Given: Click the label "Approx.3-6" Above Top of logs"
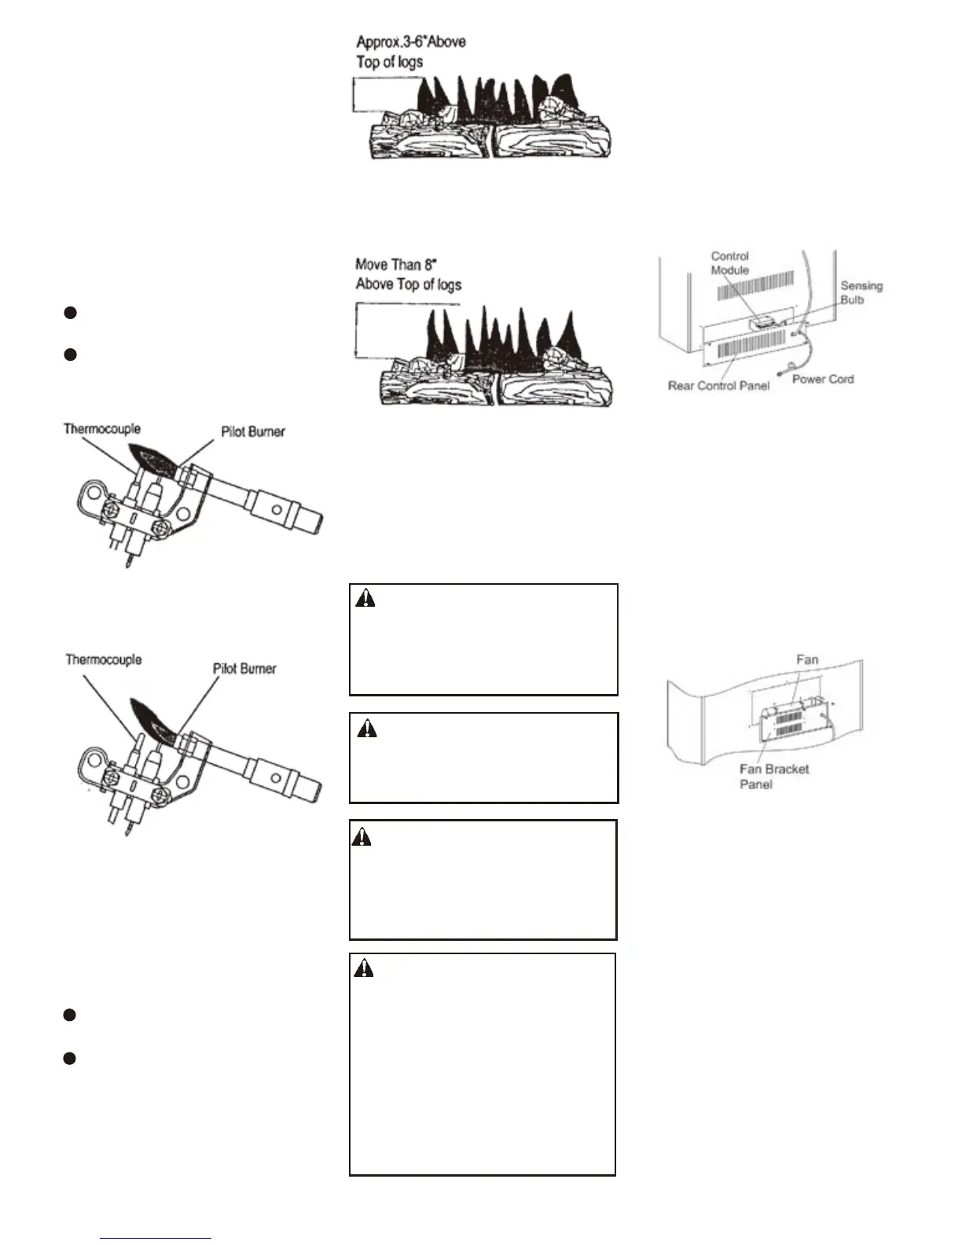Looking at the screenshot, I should coord(410,51).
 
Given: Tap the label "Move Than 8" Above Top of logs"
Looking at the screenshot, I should coord(408,274).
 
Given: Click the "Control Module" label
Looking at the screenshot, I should coord(729,263).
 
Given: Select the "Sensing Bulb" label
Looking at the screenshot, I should coord(861,292).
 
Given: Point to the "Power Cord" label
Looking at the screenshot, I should coord(822,379).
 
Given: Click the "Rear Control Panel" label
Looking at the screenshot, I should coord(718,385).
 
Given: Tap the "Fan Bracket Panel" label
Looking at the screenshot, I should coord(773,777).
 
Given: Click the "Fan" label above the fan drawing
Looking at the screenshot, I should coord(807,659).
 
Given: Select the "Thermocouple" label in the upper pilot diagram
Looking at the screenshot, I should coord(102,429).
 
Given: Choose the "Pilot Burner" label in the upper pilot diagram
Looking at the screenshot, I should coord(252,432).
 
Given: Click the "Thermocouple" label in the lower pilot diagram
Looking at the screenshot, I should coord(104,660).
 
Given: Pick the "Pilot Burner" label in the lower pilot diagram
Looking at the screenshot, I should coord(244,669).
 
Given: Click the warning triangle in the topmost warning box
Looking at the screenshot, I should coord(365,599).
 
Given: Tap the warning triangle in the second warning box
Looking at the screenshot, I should coord(366,729).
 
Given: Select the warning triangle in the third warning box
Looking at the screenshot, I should coord(362,837).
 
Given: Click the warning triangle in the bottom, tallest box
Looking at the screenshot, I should coord(364,968).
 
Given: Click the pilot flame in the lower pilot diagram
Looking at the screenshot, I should coord(154,715).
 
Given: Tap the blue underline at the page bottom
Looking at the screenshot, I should coord(156,1239).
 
